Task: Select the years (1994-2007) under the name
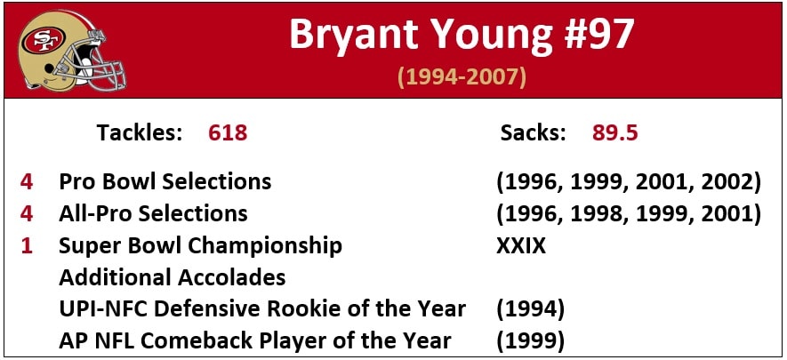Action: click(462, 77)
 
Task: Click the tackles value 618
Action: click(228, 132)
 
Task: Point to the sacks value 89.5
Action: click(614, 132)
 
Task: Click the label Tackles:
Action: click(140, 132)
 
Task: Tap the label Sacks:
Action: click(534, 132)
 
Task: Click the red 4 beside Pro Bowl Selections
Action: click(27, 181)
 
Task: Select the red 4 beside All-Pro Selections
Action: click(27, 213)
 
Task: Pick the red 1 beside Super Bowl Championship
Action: click(27, 245)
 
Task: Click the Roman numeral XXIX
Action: click(521, 245)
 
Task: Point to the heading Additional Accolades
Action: click(173, 277)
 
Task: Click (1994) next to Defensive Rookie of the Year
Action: click(531, 309)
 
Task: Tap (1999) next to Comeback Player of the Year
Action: click(531, 341)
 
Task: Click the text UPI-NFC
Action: click(103, 309)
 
